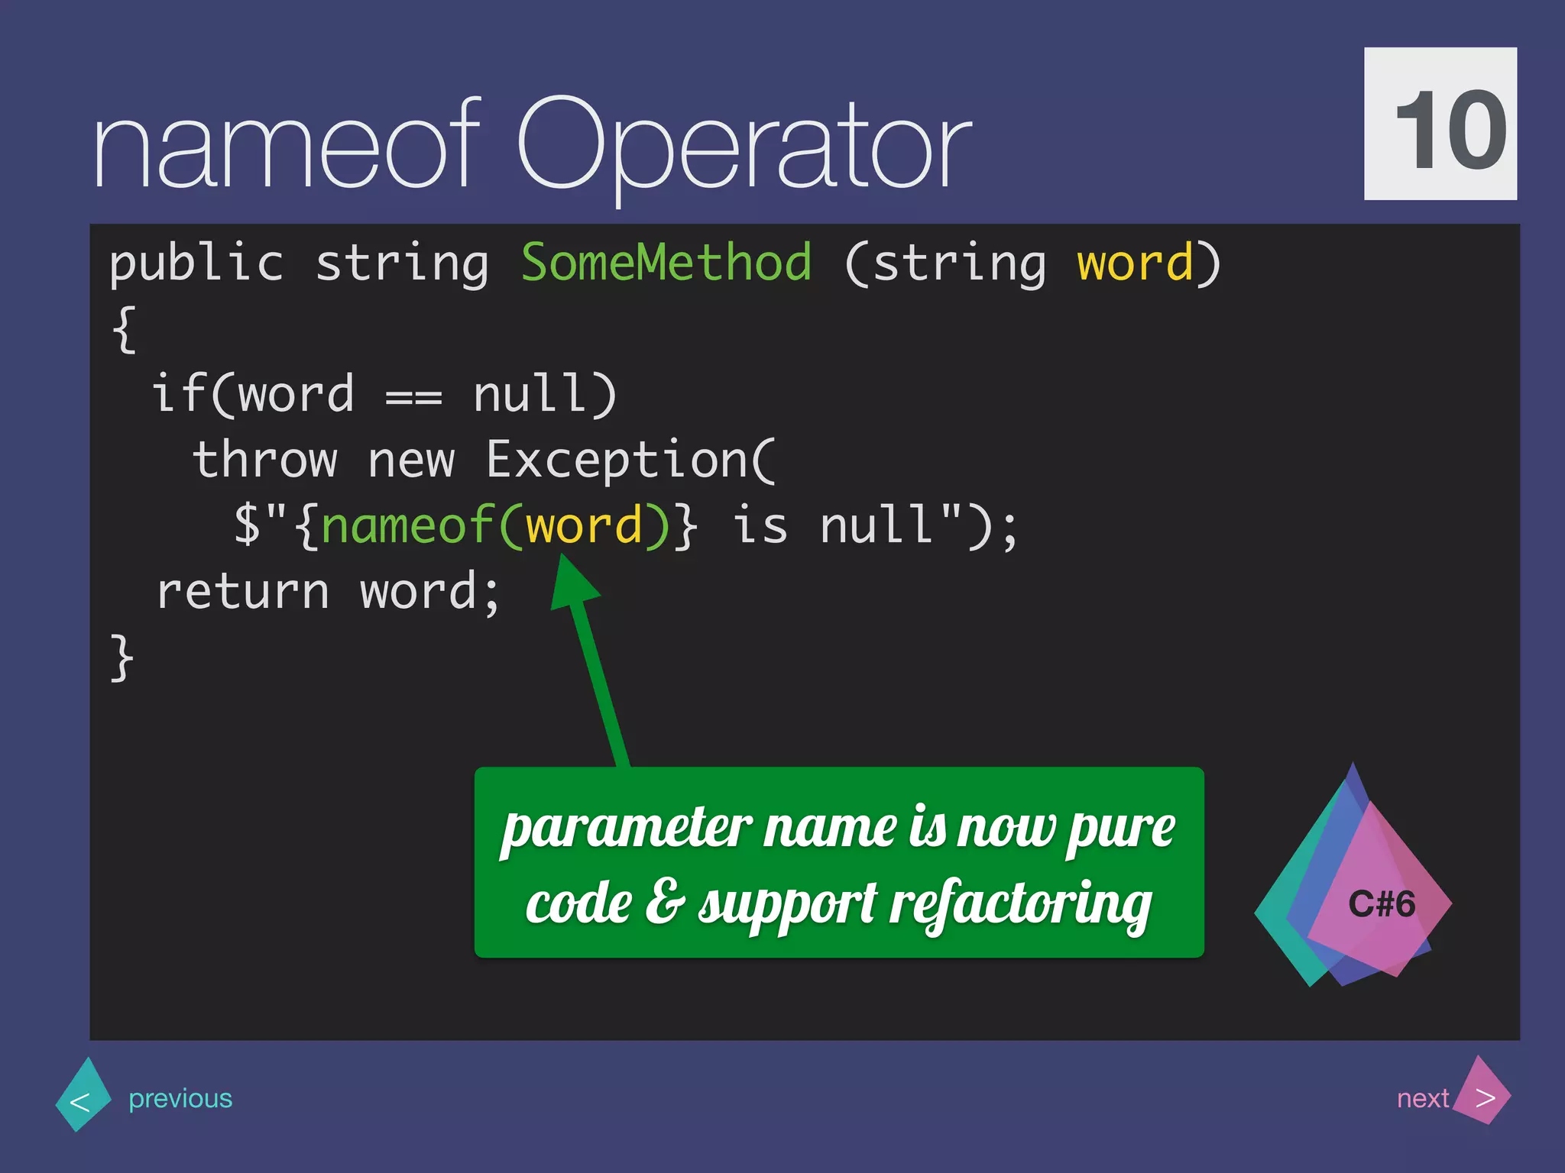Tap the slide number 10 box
point(1440,124)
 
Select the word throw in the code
point(264,460)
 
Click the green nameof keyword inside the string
point(407,526)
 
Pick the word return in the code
point(242,593)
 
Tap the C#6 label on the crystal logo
point(1382,904)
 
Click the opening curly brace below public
point(124,329)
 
